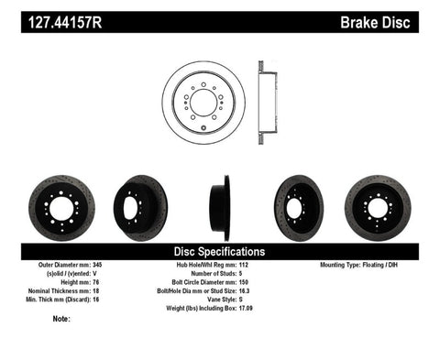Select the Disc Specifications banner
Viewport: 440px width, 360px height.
click(x=220, y=250)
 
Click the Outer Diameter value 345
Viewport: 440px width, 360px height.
click(x=111, y=265)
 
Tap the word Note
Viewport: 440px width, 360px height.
click(x=62, y=319)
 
